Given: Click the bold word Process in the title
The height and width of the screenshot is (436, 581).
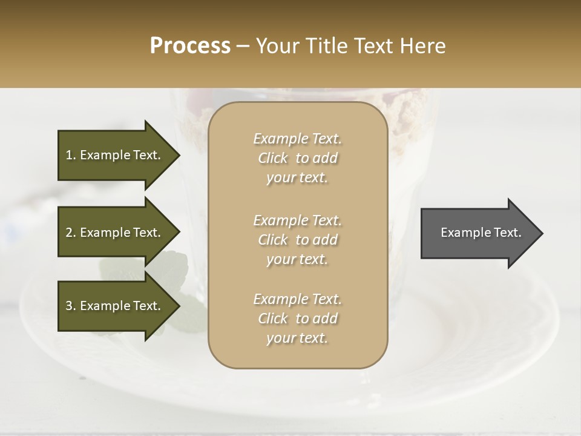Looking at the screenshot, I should pos(190,46).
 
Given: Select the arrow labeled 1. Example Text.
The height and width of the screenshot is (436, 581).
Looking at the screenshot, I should pos(115,155).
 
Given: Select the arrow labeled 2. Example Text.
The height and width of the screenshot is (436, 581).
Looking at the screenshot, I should pos(115,233).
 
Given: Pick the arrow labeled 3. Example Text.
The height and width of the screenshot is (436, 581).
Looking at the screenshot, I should pos(115,306).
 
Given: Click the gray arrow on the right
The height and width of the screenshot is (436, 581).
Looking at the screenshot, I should pos(478,233).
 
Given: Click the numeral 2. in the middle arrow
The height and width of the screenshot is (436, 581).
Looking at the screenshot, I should pos(71,233).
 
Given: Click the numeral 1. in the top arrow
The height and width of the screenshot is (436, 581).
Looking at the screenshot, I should pos(71,155).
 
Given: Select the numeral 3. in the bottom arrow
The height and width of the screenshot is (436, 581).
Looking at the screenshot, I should pos(71,306).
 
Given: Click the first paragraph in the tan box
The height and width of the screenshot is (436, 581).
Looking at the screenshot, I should pos(297,158).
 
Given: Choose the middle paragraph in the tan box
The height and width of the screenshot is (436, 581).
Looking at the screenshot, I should pos(297,240).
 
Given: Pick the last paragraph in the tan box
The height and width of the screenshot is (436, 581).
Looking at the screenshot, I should pos(297,319).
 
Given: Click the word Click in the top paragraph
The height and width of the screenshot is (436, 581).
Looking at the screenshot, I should pos(273,158).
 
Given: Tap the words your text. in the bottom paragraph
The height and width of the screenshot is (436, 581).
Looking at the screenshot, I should pos(297,338).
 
